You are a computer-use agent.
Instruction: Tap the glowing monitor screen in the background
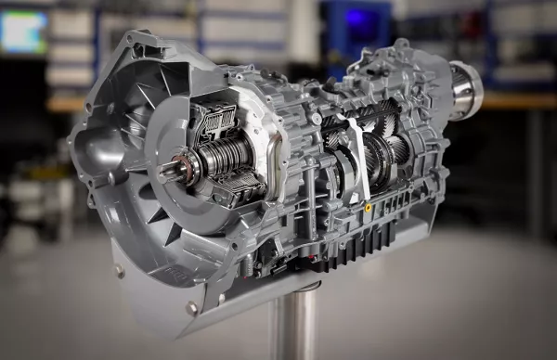coord(23,32)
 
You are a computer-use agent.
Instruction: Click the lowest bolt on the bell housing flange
coord(191,307)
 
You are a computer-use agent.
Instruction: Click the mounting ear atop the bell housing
coord(139,42)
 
